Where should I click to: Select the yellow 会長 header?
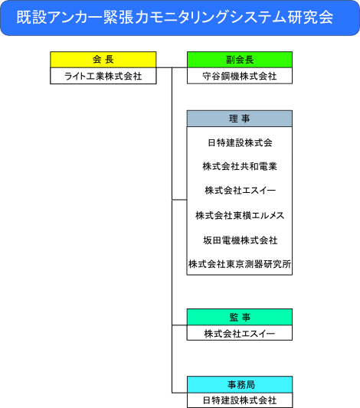[103, 60]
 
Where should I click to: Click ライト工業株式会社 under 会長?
[103, 76]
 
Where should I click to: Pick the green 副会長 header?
[240, 60]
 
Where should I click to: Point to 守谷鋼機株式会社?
[240, 76]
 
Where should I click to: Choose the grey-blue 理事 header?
[240, 119]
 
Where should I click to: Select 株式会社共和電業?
[240, 166]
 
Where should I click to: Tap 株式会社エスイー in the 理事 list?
[241, 190]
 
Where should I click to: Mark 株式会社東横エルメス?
[240, 215]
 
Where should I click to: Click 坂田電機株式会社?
[241, 240]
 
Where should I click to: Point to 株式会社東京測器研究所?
[240, 264]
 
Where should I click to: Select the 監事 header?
[240, 317]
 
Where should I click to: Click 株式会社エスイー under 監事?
[240, 333]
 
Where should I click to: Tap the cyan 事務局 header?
[240, 384]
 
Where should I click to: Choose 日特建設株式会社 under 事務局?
[240, 400]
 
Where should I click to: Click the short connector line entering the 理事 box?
[179, 200]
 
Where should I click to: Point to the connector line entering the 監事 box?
[179, 325]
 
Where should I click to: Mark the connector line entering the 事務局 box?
[179, 393]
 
